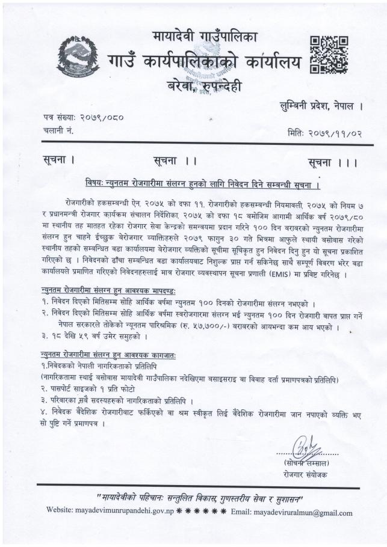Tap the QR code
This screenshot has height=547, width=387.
click(329, 55)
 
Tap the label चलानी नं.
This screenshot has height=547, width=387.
click(58, 131)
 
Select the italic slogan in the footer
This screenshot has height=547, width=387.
click(200, 498)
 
